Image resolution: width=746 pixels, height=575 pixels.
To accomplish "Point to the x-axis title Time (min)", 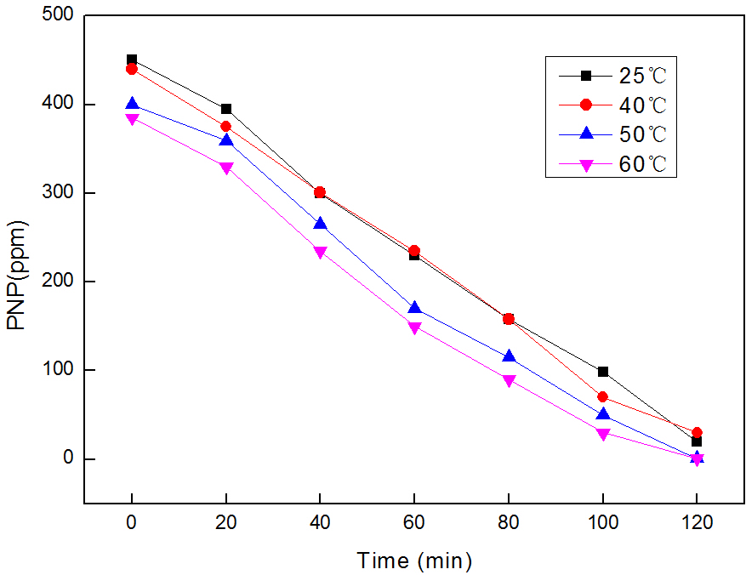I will [x=414, y=561].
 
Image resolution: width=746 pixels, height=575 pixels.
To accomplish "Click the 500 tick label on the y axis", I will [x=57, y=16].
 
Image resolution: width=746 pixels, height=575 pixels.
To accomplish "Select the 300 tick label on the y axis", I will [x=57, y=193].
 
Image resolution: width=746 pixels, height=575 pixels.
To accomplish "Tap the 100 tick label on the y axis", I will [x=57, y=370].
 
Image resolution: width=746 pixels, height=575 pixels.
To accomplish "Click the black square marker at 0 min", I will [x=132, y=60].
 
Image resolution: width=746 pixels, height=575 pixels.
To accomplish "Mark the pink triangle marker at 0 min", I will [x=132, y=119].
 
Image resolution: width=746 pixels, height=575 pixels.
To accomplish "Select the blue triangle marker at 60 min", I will [x=414, y=308].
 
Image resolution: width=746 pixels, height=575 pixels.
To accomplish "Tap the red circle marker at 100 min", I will [x=603, y=397].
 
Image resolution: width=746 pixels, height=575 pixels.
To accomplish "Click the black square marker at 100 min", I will [x=603, y=372].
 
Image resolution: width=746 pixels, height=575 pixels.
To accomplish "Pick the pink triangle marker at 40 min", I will [x=320, y=253].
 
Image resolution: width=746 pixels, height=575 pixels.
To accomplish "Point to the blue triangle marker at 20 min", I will [x=225, y=140].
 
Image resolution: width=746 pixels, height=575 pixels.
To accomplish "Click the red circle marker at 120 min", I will [x=697, y=432].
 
